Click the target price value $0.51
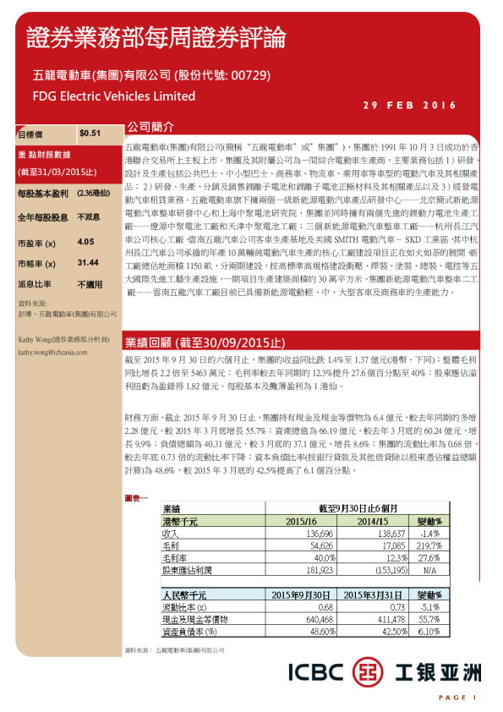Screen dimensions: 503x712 click(x=90, y=133)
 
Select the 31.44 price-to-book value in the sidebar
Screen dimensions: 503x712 click(x=88, y=263)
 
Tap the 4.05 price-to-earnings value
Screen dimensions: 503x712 click(x=85, y=242)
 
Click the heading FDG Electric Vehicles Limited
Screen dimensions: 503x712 click(x=113, y=96)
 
